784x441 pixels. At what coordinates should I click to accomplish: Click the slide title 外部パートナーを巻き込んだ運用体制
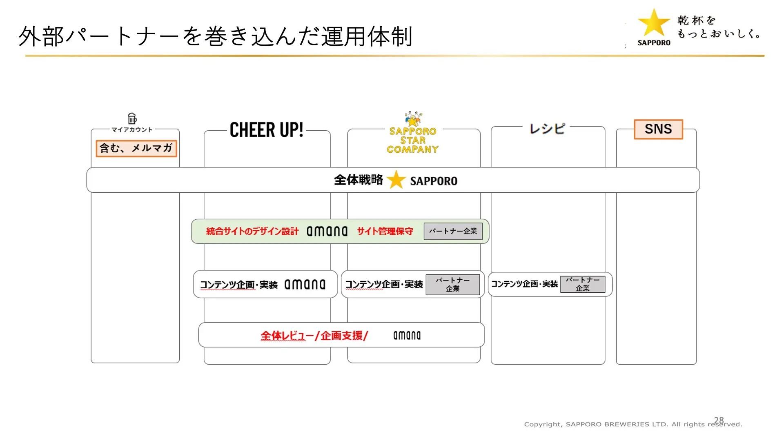click(x=215, y=36)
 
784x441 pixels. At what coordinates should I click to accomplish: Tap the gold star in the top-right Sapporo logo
click(x=654, y=23)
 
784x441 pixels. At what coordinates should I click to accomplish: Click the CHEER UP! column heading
click(x=267, y=130)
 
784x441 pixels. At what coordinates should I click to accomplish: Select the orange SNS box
click(x=658, y=129)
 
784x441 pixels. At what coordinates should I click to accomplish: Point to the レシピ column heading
click(x=547, y=129)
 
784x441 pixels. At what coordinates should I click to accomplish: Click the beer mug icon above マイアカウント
click(x=132, y=118)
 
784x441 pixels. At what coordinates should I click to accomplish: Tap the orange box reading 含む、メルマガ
click(x=136, y=148)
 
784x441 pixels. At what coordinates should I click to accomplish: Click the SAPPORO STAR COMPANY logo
click(x=413, y=133)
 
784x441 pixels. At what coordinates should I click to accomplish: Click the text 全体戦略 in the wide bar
click(x=359, y=180)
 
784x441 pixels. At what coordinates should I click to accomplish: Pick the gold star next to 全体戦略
click(x=396, y=180)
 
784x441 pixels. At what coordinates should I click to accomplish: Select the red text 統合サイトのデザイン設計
click(x=252, y=232)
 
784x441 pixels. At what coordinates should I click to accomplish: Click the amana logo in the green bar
click(x=327, y=231)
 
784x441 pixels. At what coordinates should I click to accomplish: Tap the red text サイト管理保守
click(x=385, y=232)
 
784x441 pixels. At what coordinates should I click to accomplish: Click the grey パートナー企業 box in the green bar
click(x=453, y=231)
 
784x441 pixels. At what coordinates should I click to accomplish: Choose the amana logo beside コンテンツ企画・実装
click(x=305, y=284)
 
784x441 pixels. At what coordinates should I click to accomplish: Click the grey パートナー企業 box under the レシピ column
click(x=583, y=284)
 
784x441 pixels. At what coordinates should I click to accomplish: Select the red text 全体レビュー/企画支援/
click(x=314, y=336)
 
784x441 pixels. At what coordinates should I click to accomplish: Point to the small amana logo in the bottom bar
click(x=407, y=335)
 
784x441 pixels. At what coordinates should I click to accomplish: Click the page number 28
click(x=719, y=420)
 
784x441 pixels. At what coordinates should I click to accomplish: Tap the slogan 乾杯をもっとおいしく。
click(x=719, y=27)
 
